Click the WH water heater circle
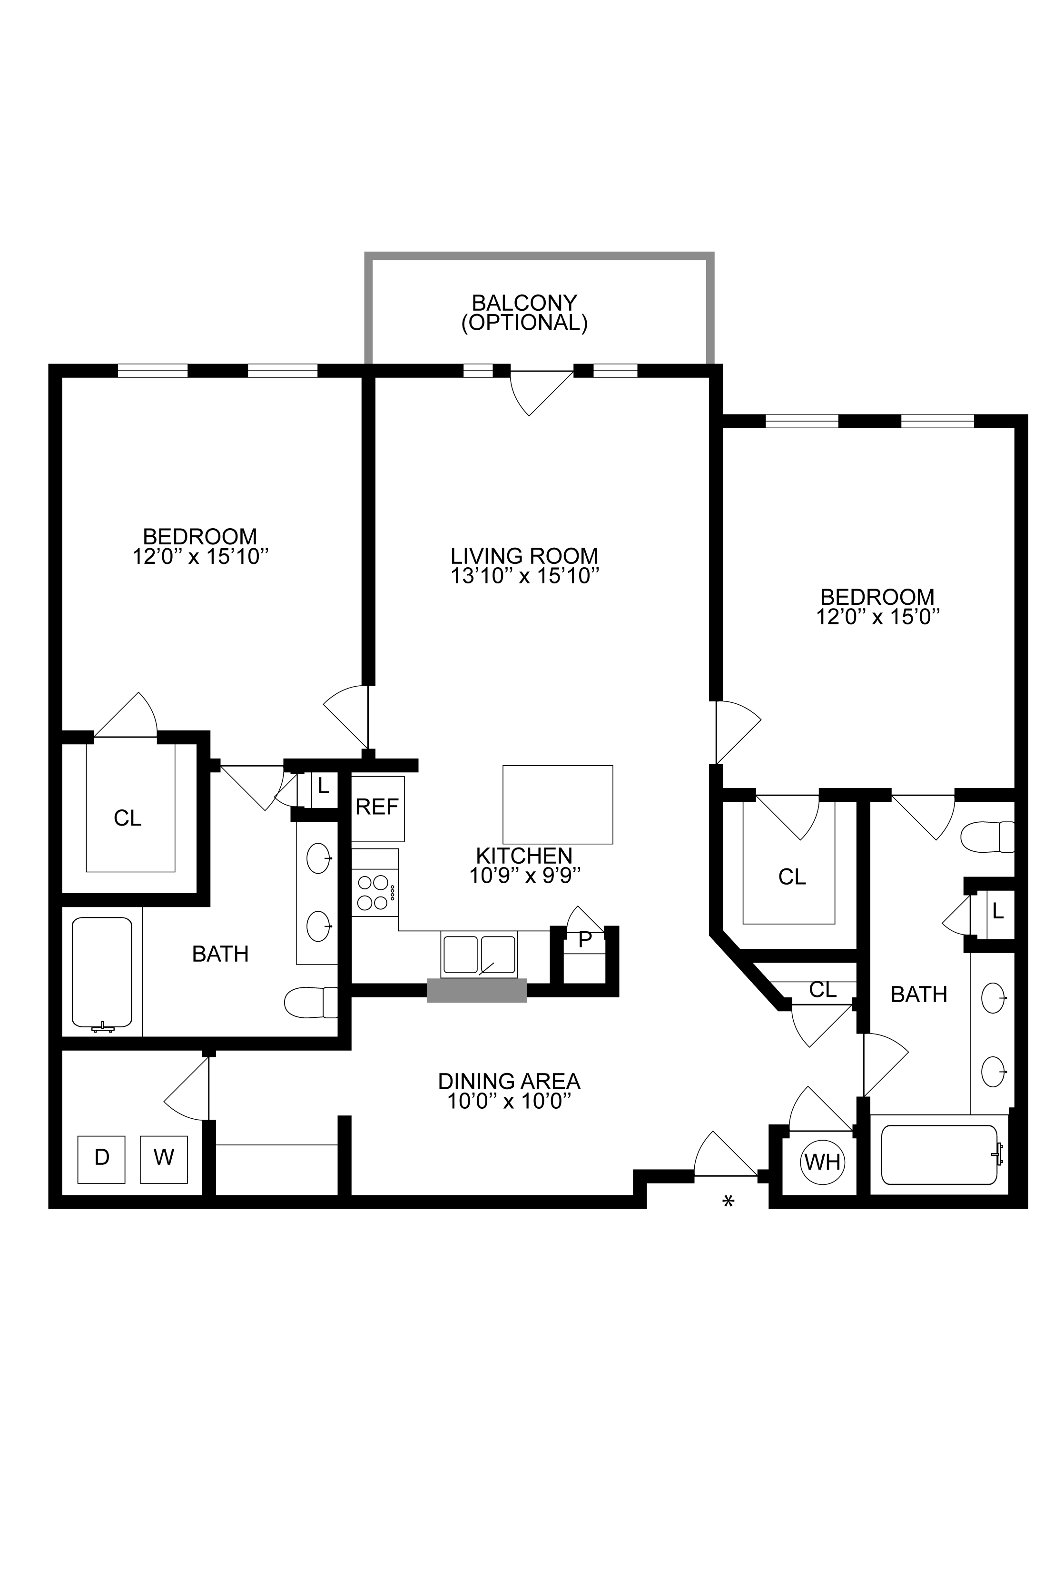pyautogui.click(x=822, y=1162)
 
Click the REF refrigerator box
pyautogui.click(x=377, y=808)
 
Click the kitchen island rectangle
pyautogui.click(x=558, y=804)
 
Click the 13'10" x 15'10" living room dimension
pyautogui.click(x=524, y=576)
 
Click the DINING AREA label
pyautogui.click(x=510, y=1080)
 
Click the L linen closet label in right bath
pyautogui.click(x=997, y=911)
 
